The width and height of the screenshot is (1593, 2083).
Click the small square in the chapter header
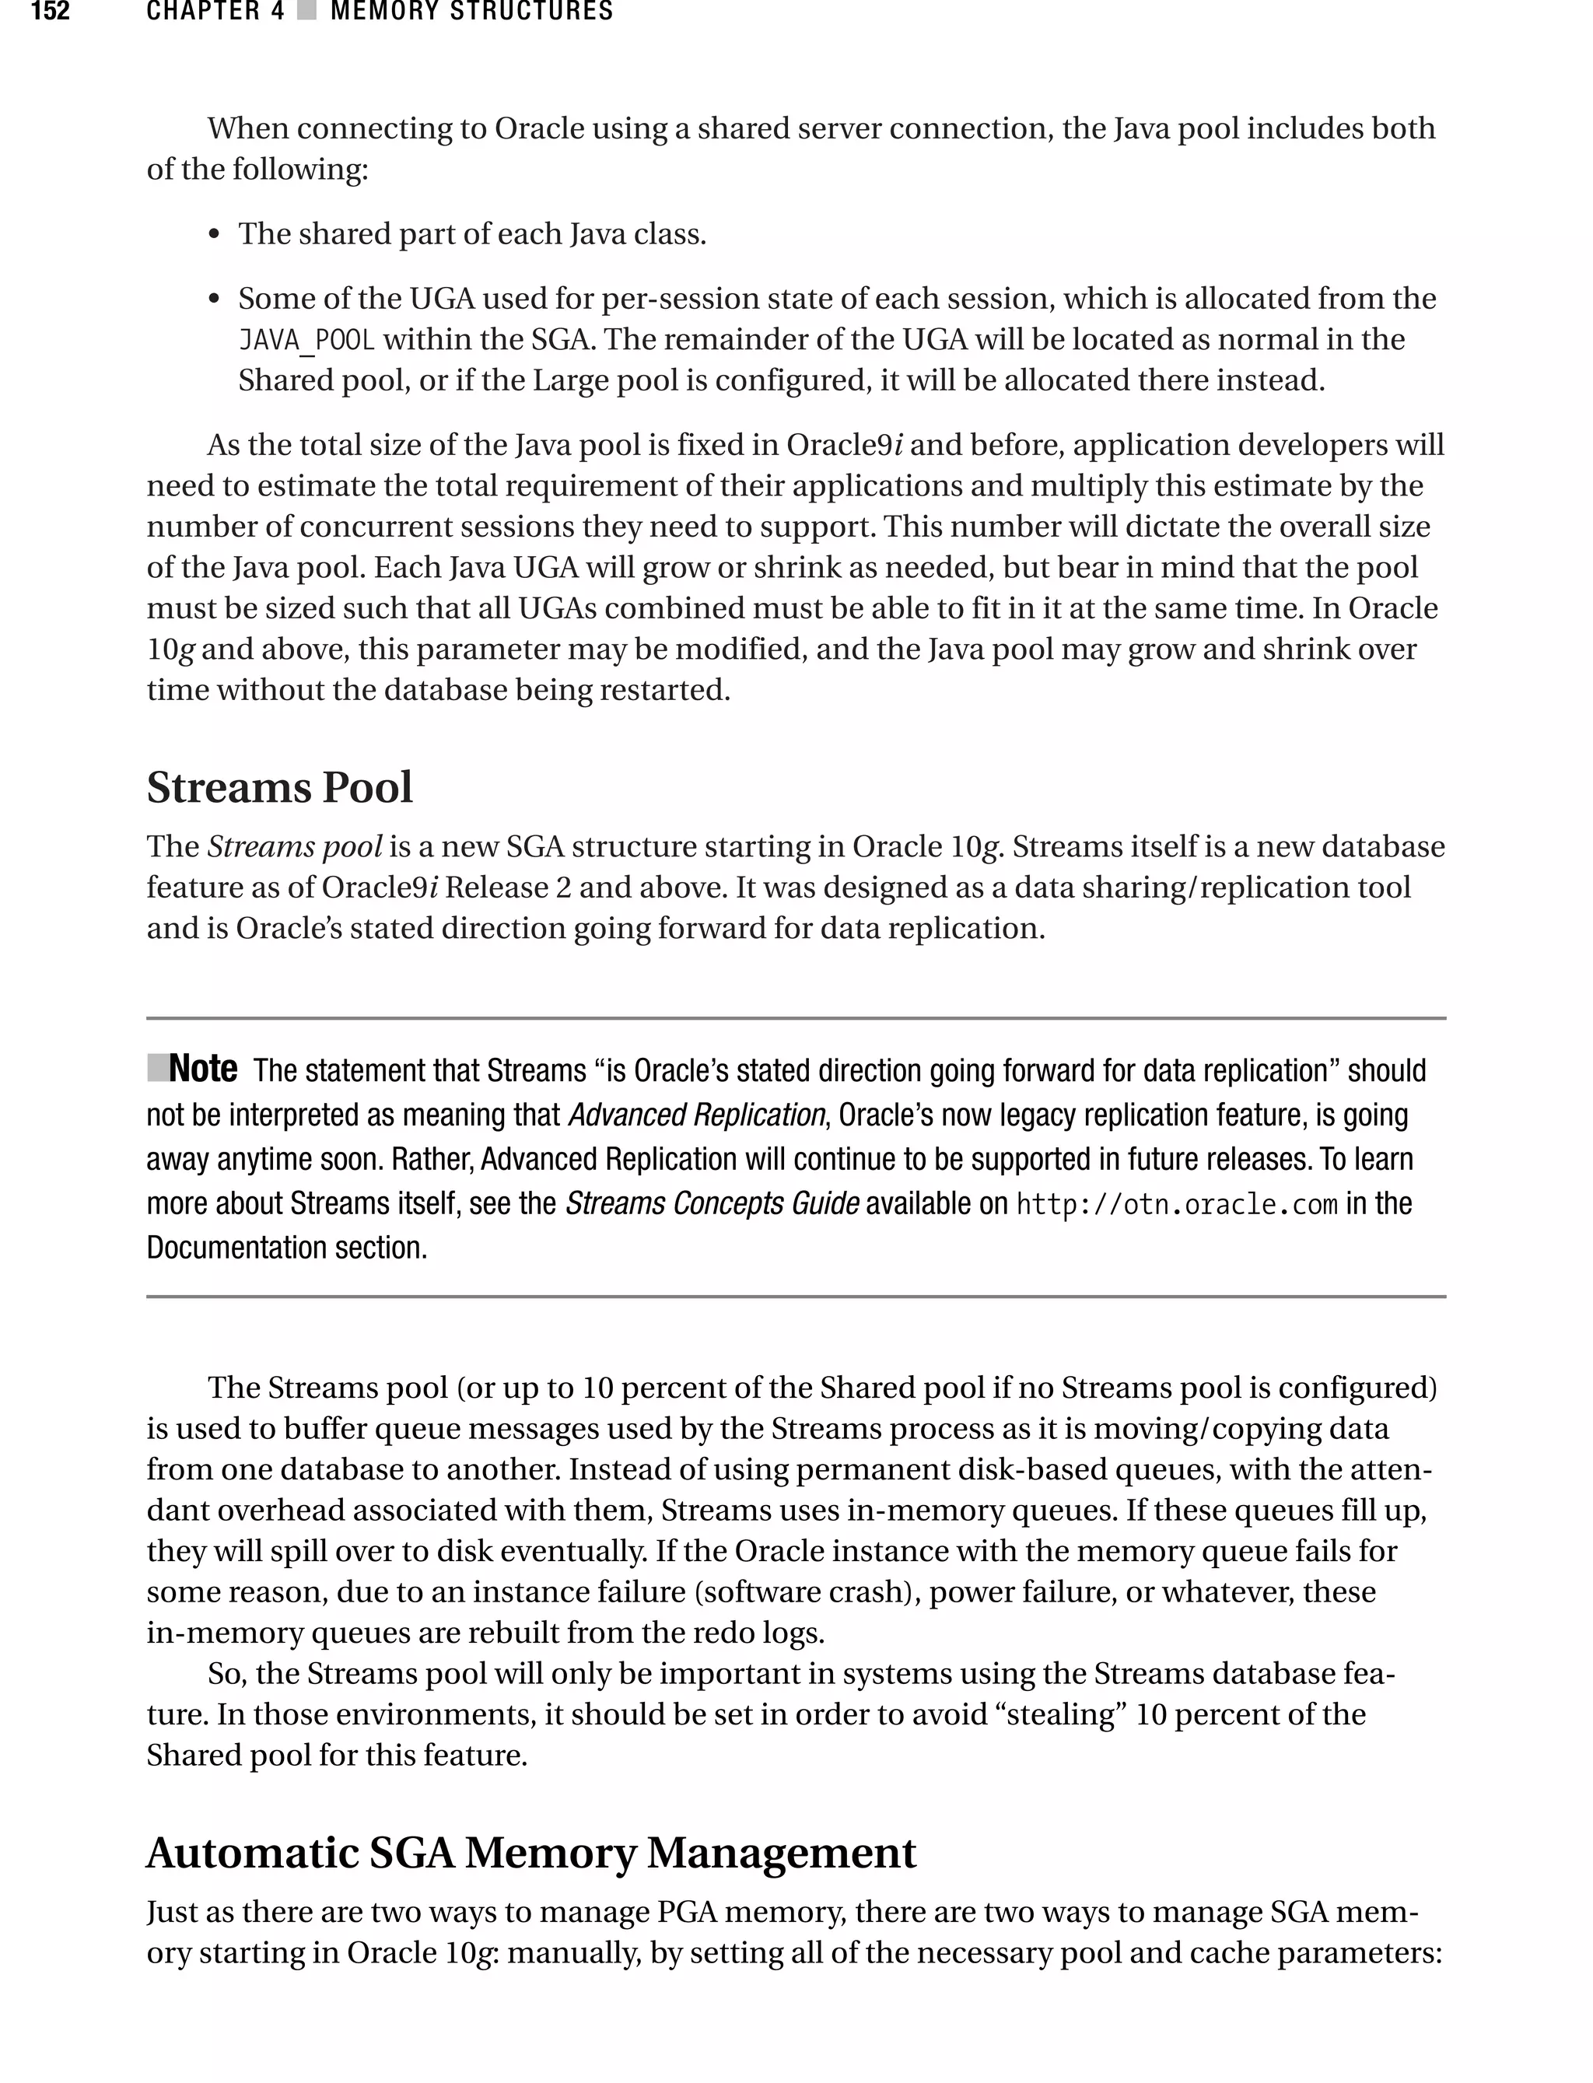click(x=306, y=12)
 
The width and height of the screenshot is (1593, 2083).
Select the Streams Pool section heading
click(x=280, y=787)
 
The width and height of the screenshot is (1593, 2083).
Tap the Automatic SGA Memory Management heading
click(x=531, y=1852)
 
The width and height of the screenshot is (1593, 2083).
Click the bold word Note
click(x=203, y=1069)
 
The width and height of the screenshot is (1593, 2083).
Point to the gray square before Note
click(x=157, y=1068)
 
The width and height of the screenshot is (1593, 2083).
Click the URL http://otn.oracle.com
click(x=1176, y=1204)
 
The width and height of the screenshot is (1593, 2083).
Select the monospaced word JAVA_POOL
click(x=306, y=339)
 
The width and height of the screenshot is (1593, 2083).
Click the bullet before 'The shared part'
click(x=215, y=235)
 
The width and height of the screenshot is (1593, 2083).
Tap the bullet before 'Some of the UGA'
click(x=215, y=299)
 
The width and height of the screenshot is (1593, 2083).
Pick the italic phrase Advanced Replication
click(x=697, y=1115)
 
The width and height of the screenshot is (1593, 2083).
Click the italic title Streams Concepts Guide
click(x=712, y=1203)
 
